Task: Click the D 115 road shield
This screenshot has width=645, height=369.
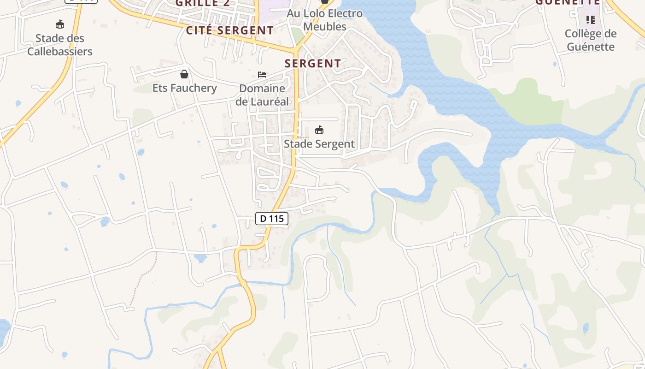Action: click(x=272, y=219)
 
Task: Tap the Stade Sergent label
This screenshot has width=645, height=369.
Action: click(x=319, y=144)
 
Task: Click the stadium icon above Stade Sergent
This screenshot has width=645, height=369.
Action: click(x=319, y=130)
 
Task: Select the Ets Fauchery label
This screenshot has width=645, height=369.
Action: click(x=185, y=88)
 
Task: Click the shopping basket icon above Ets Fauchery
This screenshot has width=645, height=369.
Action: click(x=184, y=74)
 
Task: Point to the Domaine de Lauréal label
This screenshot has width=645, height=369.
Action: click(x=262, y=95)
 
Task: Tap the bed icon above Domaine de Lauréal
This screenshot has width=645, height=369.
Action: click(x=262, y=74)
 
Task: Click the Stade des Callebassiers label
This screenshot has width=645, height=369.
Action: click(x=60, y=45)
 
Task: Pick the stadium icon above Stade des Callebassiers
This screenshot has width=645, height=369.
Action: click(x=59, y=24)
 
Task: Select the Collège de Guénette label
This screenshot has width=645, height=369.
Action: click(x=591, y=40)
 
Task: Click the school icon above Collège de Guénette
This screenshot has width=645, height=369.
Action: click(x=591, y=20)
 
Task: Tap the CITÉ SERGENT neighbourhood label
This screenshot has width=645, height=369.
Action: click(x=230, y=30)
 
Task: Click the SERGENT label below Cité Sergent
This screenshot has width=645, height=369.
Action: click(x=313, y=64)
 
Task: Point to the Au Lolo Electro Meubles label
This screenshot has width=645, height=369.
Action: click(x=325, y=20)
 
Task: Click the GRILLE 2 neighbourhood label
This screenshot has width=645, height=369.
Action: click(x=203, y=3)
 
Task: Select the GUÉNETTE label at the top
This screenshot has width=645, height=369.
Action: click(x=568, y=2)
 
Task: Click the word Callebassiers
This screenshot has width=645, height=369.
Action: click(x=60, y=51)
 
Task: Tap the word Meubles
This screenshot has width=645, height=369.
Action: click(x=325, y=27)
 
